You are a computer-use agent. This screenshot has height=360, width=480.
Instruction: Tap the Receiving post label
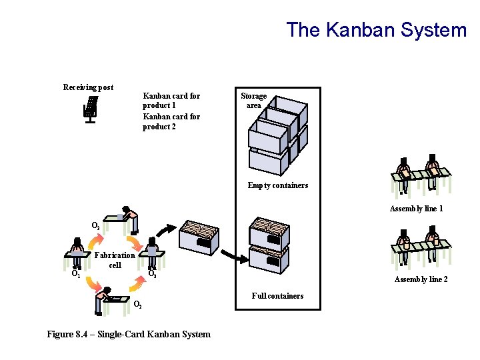click(88, 87)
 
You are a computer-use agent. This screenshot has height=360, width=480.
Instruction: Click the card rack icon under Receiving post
click(90, 109)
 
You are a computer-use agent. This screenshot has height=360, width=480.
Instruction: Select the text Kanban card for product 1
click(171, 101)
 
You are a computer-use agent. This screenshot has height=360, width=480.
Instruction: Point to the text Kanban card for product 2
click(171, 121)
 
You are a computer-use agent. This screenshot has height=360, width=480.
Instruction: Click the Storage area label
click(253, 101)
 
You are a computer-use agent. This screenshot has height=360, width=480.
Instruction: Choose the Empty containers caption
click(278, 185)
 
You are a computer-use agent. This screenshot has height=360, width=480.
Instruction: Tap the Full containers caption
click(277, 296)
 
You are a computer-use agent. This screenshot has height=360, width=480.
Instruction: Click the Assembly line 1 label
click(417, 209)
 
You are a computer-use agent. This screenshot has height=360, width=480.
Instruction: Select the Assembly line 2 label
click(421, 279)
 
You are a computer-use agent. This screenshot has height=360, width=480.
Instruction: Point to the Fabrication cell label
click(115, 260)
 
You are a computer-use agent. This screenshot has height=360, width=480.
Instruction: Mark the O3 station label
click(152, 274)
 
